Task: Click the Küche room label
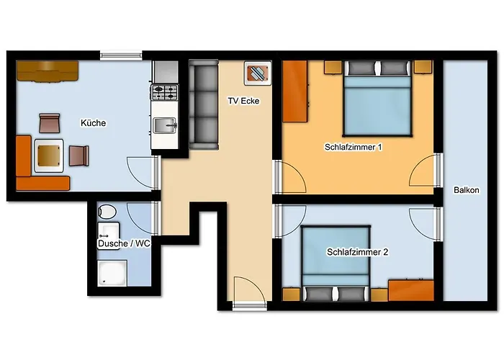coord(93,123)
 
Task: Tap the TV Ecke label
coord(243,101)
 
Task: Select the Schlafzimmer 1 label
coord(354,147)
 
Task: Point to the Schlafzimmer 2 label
coord(357,252)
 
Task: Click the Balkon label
coord(467,190)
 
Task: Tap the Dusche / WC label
coord(124,243)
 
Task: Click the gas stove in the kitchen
coord(165,92)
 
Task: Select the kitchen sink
coord(165,125)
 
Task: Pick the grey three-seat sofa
coord(204,105)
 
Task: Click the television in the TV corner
coord(258,73)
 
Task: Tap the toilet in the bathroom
coord(107,212)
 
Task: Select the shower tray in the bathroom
coord(112,273)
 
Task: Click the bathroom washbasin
coord(109,231)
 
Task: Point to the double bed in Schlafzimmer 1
coord(377,98)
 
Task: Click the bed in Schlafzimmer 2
coord(336,264)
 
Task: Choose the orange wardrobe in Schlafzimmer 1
coord(295,91)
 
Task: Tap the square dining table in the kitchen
coord(49,156)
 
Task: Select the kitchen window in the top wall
coord(121,56)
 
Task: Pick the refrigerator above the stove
coord(166,72)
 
